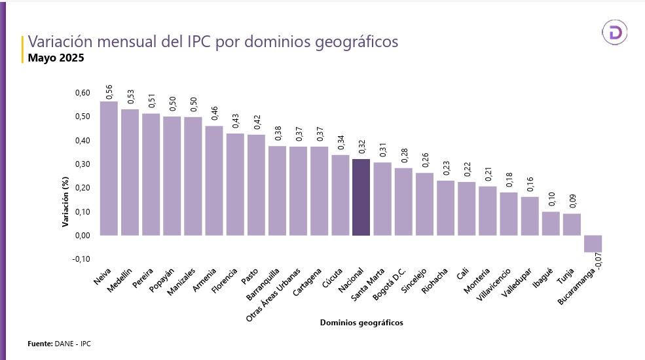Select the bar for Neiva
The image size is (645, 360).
pos(109,168)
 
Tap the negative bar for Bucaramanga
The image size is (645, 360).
pos(593,243)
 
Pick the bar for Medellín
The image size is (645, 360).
pos(130,171)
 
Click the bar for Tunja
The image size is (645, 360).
pos(572,224)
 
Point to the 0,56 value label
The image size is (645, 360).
pos(109,92)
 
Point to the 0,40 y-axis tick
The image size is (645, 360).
pos(82,141)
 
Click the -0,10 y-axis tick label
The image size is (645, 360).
pos(81,259)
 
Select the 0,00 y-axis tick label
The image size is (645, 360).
pos(82,236)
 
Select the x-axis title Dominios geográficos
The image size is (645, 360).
pos(361,323)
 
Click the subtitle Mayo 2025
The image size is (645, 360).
pos(56,58)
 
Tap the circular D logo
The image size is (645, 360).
pos(616,33)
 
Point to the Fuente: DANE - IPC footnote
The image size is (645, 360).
pos(59,344)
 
